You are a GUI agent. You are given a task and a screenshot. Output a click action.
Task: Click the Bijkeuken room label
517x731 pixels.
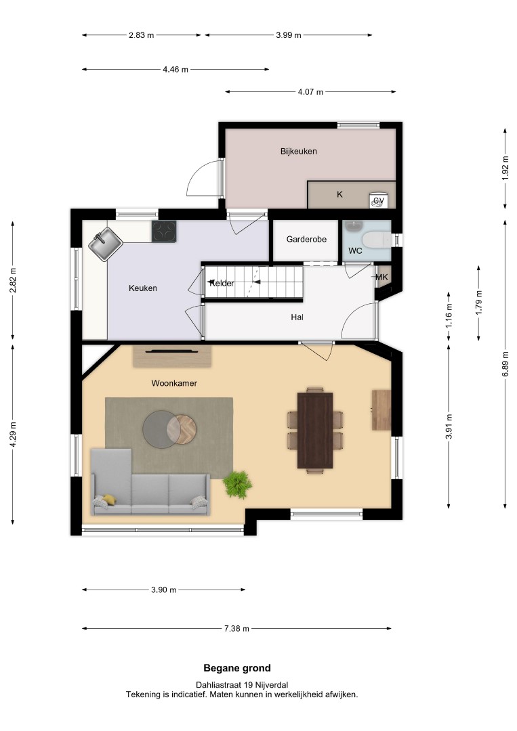299,152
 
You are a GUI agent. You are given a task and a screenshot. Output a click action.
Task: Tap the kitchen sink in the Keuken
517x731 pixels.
106,244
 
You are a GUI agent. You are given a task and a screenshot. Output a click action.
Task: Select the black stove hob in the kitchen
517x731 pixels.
164,231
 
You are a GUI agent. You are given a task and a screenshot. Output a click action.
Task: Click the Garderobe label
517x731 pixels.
306,239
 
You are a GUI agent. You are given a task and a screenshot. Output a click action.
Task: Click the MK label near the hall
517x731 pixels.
381,278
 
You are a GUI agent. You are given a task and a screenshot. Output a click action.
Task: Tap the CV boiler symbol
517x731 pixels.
378,200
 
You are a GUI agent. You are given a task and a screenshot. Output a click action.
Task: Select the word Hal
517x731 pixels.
297,317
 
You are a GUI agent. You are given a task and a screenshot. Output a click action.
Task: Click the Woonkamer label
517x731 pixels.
174,383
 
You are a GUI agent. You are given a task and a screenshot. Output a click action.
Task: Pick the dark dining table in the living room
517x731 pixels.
315,430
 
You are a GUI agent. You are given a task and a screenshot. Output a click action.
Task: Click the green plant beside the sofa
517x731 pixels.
237,485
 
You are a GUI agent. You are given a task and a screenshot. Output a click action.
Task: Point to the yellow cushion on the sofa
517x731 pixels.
110,500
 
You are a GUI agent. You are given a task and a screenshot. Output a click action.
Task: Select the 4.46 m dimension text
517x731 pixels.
175,70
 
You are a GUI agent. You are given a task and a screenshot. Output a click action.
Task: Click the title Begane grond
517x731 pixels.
237,668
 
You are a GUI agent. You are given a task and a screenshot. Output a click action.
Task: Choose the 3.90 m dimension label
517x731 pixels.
164,590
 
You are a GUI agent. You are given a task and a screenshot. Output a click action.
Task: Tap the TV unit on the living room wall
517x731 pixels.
172,356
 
